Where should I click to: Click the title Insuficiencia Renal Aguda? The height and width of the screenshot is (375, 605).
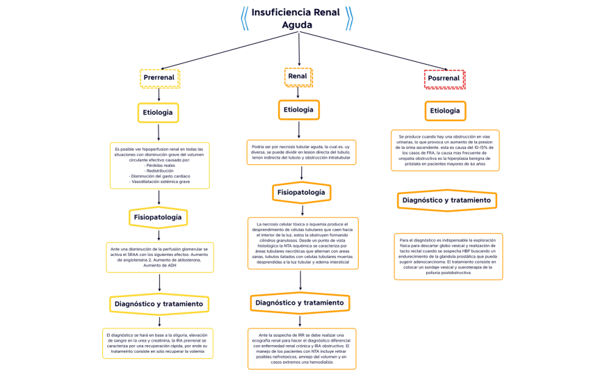[296, 18]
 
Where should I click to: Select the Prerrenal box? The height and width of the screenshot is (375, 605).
[159, 78]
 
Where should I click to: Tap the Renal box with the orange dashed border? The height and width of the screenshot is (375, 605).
[298, 77]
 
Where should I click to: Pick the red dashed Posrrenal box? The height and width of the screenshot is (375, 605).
[444, 79]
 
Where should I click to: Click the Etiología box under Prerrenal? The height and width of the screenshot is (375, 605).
[159, 112]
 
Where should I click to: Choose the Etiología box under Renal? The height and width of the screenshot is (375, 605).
[299, 110]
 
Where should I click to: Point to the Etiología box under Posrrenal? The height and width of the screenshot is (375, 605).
[445, 111]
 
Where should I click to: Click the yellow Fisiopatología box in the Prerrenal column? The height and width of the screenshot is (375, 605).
[159, 218]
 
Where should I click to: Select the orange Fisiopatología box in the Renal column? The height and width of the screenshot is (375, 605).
[301, 191]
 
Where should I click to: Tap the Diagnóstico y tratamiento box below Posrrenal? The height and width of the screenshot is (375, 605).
[446, 200]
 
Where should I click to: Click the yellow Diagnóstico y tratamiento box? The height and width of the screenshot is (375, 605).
[159, 304]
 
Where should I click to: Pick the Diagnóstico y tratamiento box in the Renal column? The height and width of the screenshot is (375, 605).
[300, 303]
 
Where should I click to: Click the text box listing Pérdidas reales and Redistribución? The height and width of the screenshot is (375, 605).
[159, 166]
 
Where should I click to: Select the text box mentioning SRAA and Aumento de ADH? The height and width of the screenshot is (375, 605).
[159, 257]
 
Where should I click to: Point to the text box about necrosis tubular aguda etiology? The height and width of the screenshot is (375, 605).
[301, 152]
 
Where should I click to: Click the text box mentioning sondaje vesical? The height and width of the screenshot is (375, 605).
[448, 257]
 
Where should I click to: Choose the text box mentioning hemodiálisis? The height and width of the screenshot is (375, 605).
[301, 348]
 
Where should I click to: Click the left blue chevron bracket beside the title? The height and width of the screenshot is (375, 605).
[244, 18]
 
